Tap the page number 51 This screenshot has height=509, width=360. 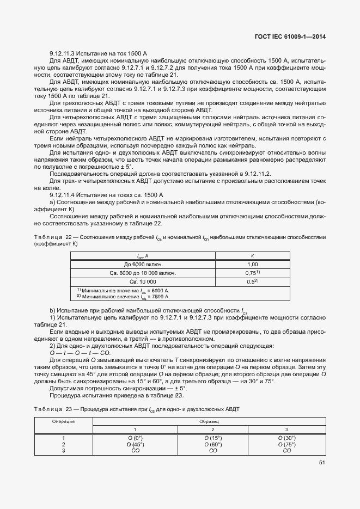pyautogui.click(x=322, y=463)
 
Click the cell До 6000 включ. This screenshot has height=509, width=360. pyautogui.click(x=143, y=264)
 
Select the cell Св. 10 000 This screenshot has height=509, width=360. pyautogui.click(x=143, y=281)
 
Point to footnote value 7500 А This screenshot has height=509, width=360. pyautogui.click(x=160, y=297)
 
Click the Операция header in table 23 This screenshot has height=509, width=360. pyautogui.click(x=63, y=421)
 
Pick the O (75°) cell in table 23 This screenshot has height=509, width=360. pyautogui.click(x=286, y=444)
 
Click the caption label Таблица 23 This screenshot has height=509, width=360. pyautogui.click(x=53, y=409)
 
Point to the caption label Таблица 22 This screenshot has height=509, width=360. pyautogui.click(x=53, y=237)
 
